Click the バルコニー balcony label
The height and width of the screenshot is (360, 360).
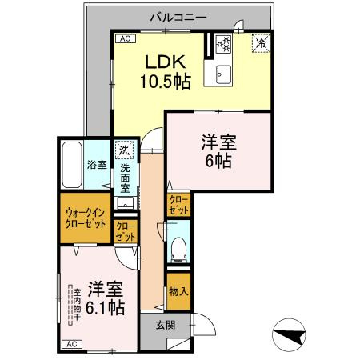(179, 15)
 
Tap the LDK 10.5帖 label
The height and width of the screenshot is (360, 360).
(165, 71)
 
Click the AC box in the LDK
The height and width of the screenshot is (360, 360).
(124, 38)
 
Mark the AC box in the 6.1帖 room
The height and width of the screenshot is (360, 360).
(70, 344)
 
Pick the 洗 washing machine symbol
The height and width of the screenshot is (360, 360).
(123, 149)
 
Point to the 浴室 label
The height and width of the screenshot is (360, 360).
(97, 168)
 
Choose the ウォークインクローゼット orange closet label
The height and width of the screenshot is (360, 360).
(85, 218)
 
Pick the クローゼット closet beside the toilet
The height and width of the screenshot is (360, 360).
(179, 205)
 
